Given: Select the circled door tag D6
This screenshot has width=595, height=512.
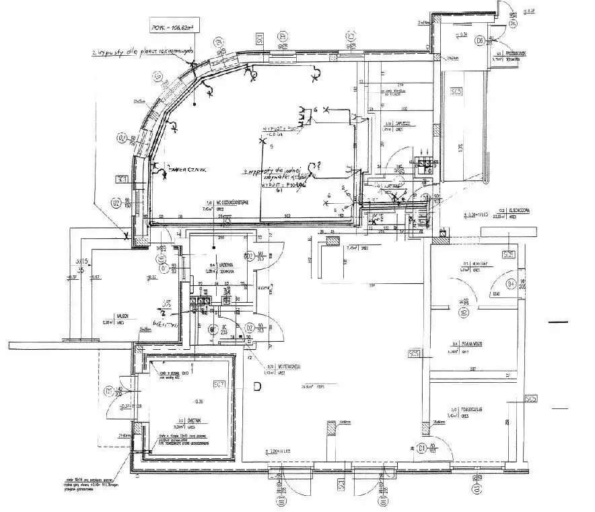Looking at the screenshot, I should click(x=480, y=41).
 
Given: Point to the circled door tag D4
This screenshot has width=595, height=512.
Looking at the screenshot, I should click(x=511, y=283).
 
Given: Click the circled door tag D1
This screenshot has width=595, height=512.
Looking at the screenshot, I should click(x=423, y=447).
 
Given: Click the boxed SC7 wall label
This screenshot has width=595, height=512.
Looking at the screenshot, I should click(x=218, y=384).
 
